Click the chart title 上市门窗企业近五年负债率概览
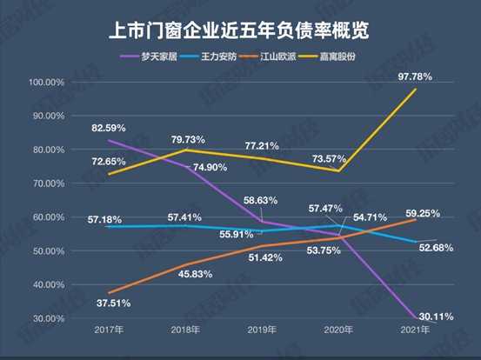click(x=240, y=31)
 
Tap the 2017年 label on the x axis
click(x=109, y=331)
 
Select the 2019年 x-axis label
click(x=262, y=331)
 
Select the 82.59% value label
click(x=110, y=129)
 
